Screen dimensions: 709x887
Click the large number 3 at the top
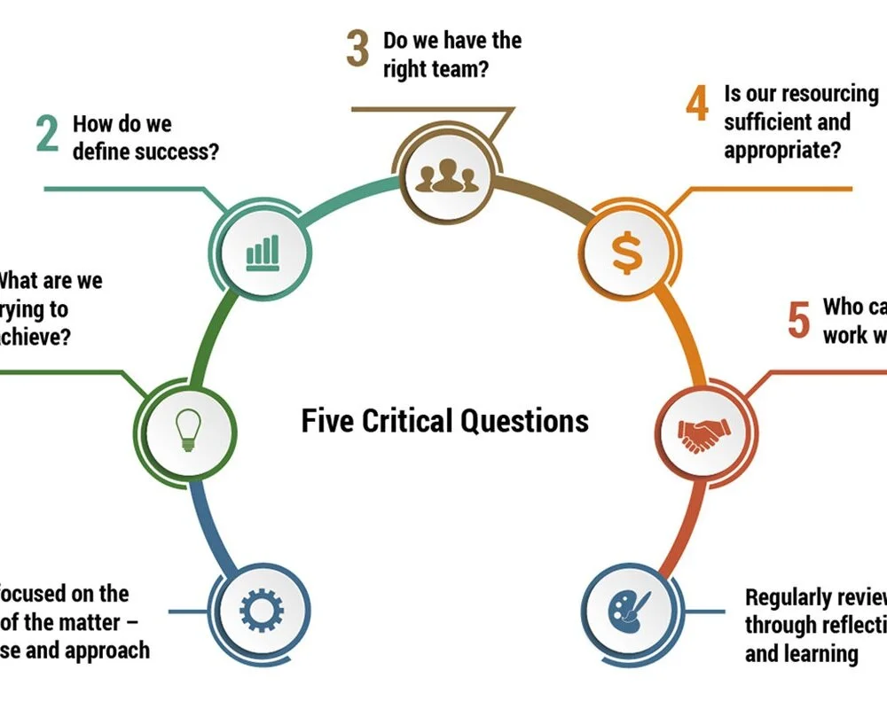click(x=357, y=50)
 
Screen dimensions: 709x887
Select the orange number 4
click(x=697, y=104)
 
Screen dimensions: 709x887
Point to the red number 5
click(x=798, y=320)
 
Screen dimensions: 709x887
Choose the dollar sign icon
click(x=627, y=253)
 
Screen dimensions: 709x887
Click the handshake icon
click(x=704, y=432)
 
